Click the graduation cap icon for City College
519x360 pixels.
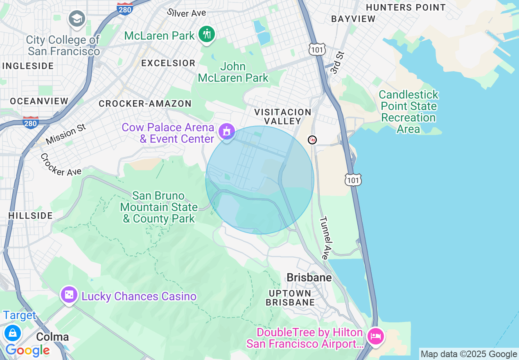pyautogui.click(x=77, y=19)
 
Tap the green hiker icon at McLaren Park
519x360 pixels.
pyautogui.click(x=207, y=34)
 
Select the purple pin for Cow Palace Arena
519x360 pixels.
pyautogui.click(x=226, y=132)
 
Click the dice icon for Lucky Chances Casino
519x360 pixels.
pyautogui.click(x=69, y=295)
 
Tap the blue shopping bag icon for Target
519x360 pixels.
pyautogui.click(x=13, y=332)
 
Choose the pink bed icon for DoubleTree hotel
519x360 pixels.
pyautogui.click(x=375, y=336)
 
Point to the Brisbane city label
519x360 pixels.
pyautogui.click(x=309, y=277)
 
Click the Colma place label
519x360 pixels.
pyautogui.click(x=52, y=337)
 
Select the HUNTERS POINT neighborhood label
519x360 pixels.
pyautogui.click(x=405, y=7)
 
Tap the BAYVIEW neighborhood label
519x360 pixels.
pyautogui.click(x=353, y=19)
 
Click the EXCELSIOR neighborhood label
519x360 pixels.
pyautogui.click(x=168, y=63)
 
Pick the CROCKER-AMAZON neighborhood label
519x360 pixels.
pyautogui.click(x=145, y=103)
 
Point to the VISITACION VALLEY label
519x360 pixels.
pyautogui.click(x=283, y=116)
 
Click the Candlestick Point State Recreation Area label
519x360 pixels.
pyautogui.click(x=408, y=112)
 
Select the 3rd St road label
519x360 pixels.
pyautogui.click(x=336, y=63)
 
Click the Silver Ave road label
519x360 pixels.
pyautogui.click(x=186, y=12)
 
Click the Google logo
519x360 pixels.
pyautogui.click(x=27, y=350)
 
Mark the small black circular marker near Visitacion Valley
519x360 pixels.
pyautogui.click(x=312, y=140)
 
